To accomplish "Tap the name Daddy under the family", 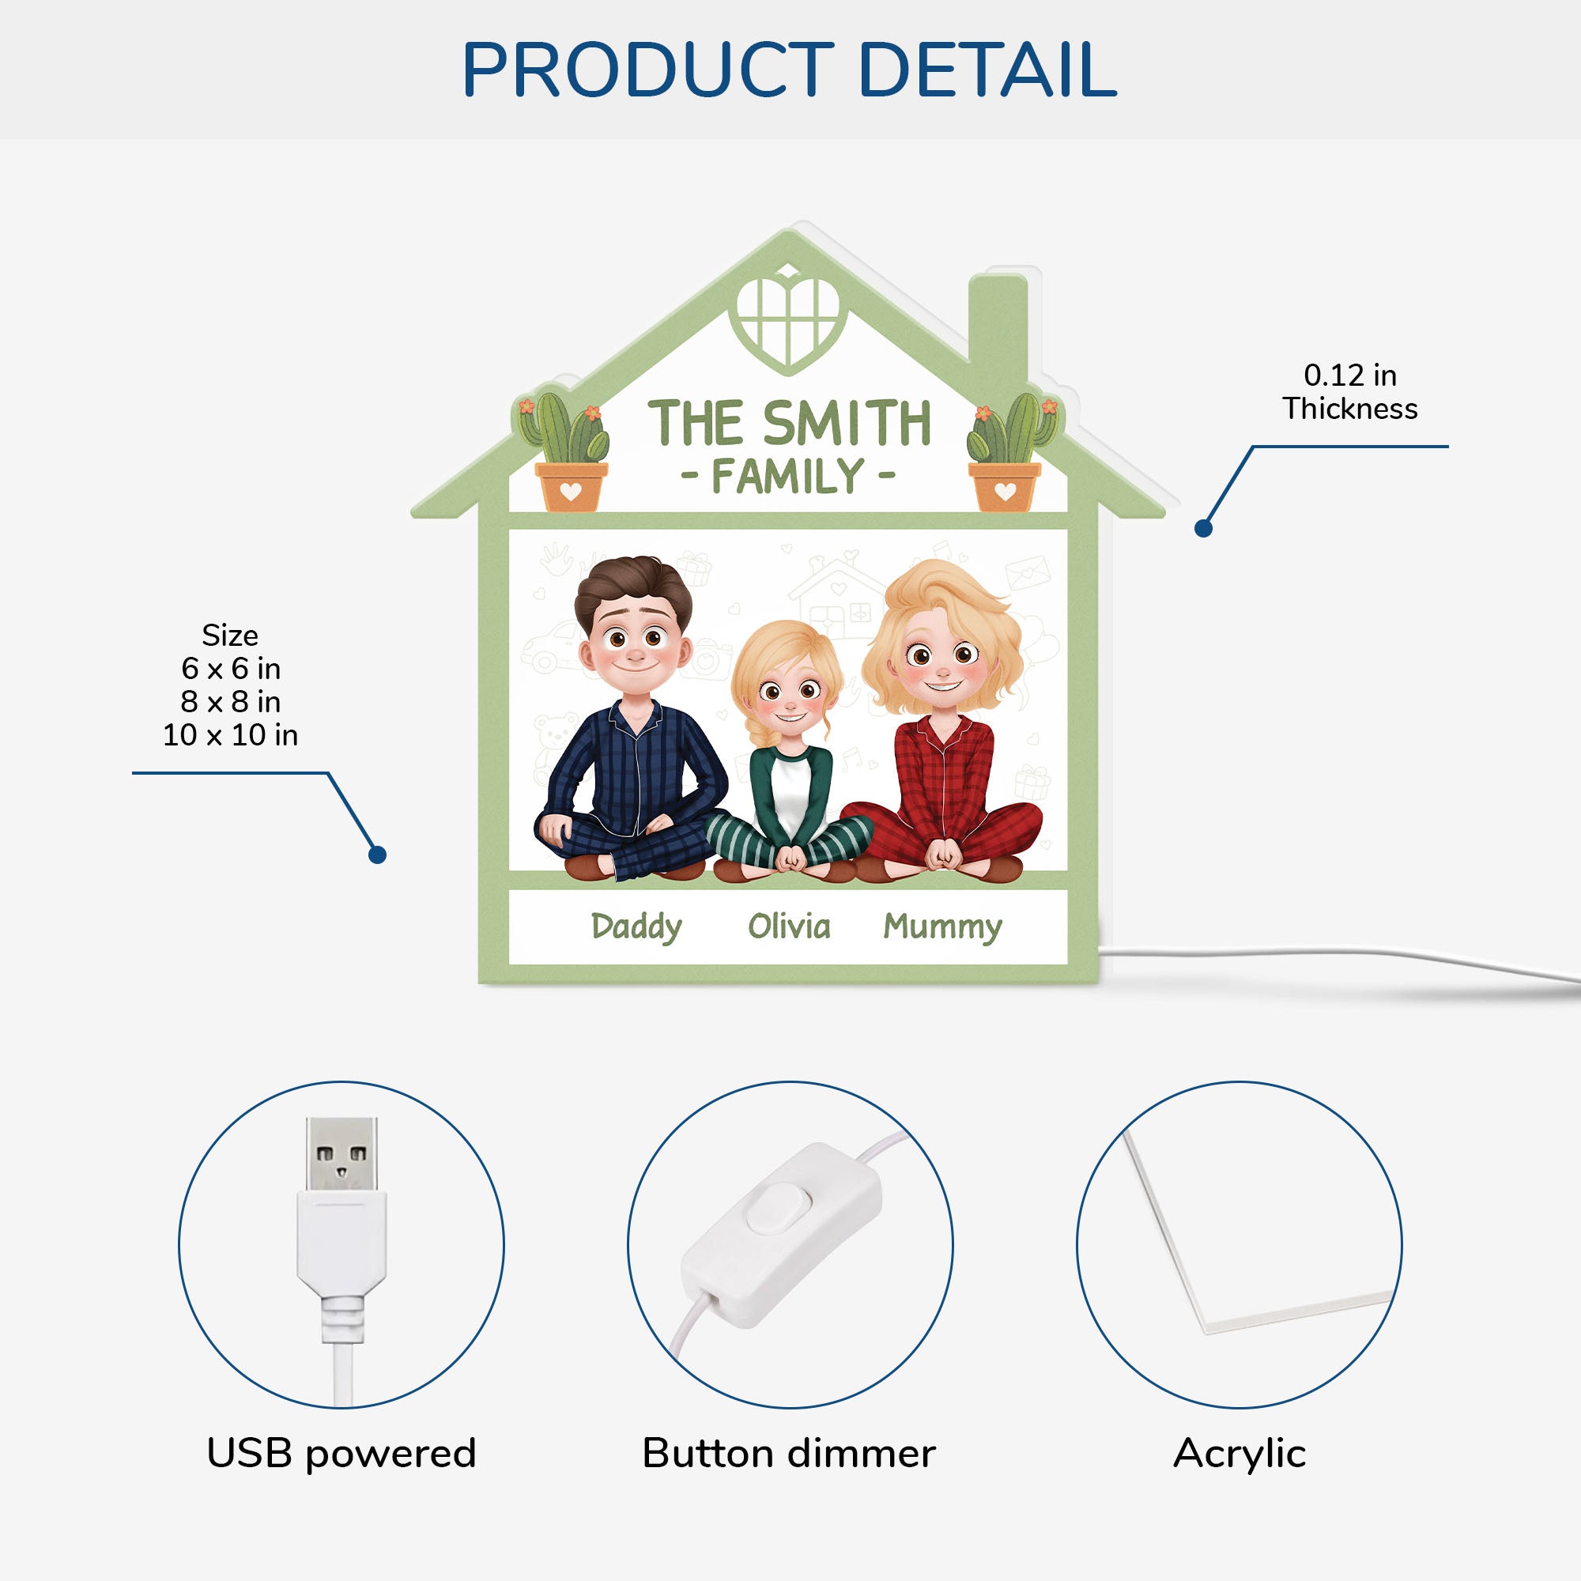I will click(x=636, y=927).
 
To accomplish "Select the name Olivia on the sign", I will click(x=789, y=926).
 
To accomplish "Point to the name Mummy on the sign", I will click(x=942, y=927).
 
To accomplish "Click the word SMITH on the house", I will click(x=847, y=423).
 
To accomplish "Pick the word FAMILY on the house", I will click(x=788, y=476).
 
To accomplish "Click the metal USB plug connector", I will click(x=341, y=1154).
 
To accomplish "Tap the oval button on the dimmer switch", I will click(x=780, y=1207).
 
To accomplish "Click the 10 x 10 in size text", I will click(x=230, y=735).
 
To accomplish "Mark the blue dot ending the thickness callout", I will click(x=1203, y=529).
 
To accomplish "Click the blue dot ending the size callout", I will click(x=377, y=855).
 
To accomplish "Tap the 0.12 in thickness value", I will click(x=1349, y=375).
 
